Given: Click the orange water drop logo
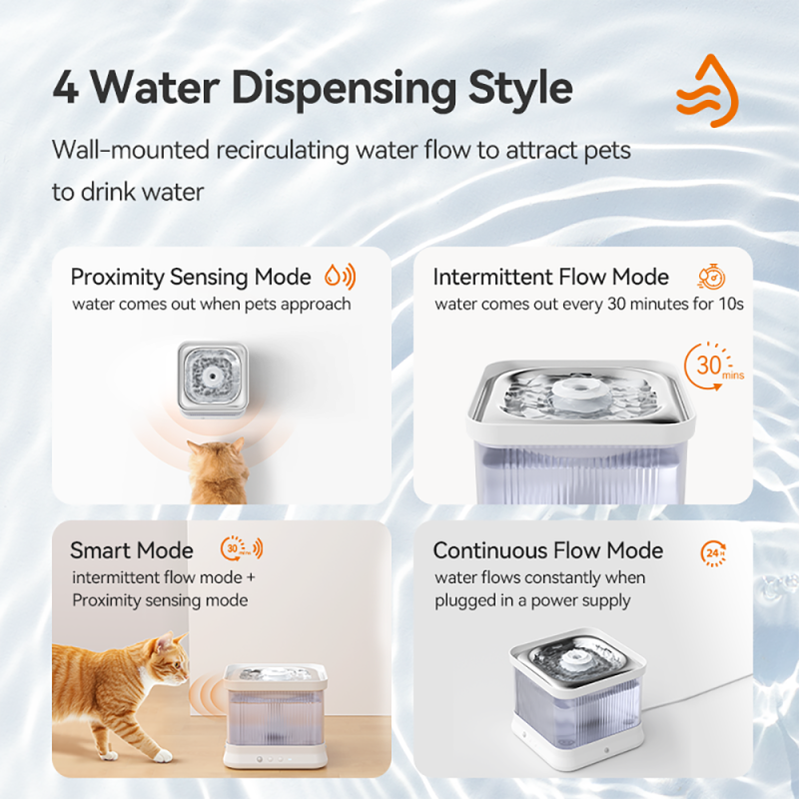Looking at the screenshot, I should pyautogui.click(x=706, y=91).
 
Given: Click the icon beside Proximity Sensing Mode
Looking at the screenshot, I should pyautogui.click(x=341, y=277).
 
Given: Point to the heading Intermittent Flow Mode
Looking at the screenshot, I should pyautogui.click(x=551, y=277).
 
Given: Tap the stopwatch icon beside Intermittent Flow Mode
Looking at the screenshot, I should pyautogui.click(x=710, y=277).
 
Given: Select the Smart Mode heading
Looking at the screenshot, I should pyautogui.click(x=132, y=550).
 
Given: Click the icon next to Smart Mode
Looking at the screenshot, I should pyautogui.click(x=241, y=548).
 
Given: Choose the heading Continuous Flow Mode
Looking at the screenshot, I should pyautogui.click(x=548, y=550).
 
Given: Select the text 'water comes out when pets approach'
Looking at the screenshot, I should pyautogui.click(x=211, y=304).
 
